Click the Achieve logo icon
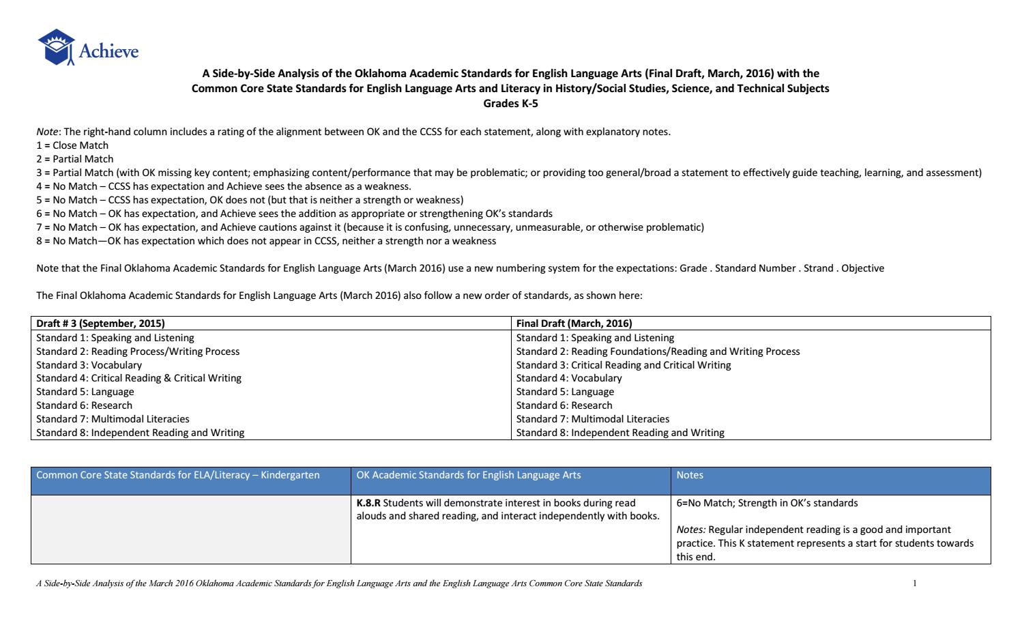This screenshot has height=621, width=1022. [57, 46]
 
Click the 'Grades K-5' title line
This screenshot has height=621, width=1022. [510, 104]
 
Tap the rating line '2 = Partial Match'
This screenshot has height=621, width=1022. [75, 159]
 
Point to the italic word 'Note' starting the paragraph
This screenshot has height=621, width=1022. [46, 132]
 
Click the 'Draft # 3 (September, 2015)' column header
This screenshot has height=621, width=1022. [100, 323]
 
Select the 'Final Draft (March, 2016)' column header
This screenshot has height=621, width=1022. [574, 323]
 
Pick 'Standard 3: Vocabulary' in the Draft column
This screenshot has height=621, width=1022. [89, 365]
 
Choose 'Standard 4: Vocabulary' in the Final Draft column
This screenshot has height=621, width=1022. [569, 378]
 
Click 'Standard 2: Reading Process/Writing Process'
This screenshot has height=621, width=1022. [138, 351]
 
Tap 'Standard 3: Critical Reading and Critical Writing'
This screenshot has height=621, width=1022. [624, 365]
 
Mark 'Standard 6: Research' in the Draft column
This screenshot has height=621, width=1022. [84, 405]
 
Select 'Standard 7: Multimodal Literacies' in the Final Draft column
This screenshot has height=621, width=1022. [593, 419]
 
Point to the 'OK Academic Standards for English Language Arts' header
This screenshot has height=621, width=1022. [469, 475]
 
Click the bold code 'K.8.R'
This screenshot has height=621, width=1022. [368, 503]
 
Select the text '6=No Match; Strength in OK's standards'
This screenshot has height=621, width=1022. [767, 503]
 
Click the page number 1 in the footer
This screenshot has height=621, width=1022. [914, 583]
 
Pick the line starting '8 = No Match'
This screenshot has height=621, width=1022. [266, 241]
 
